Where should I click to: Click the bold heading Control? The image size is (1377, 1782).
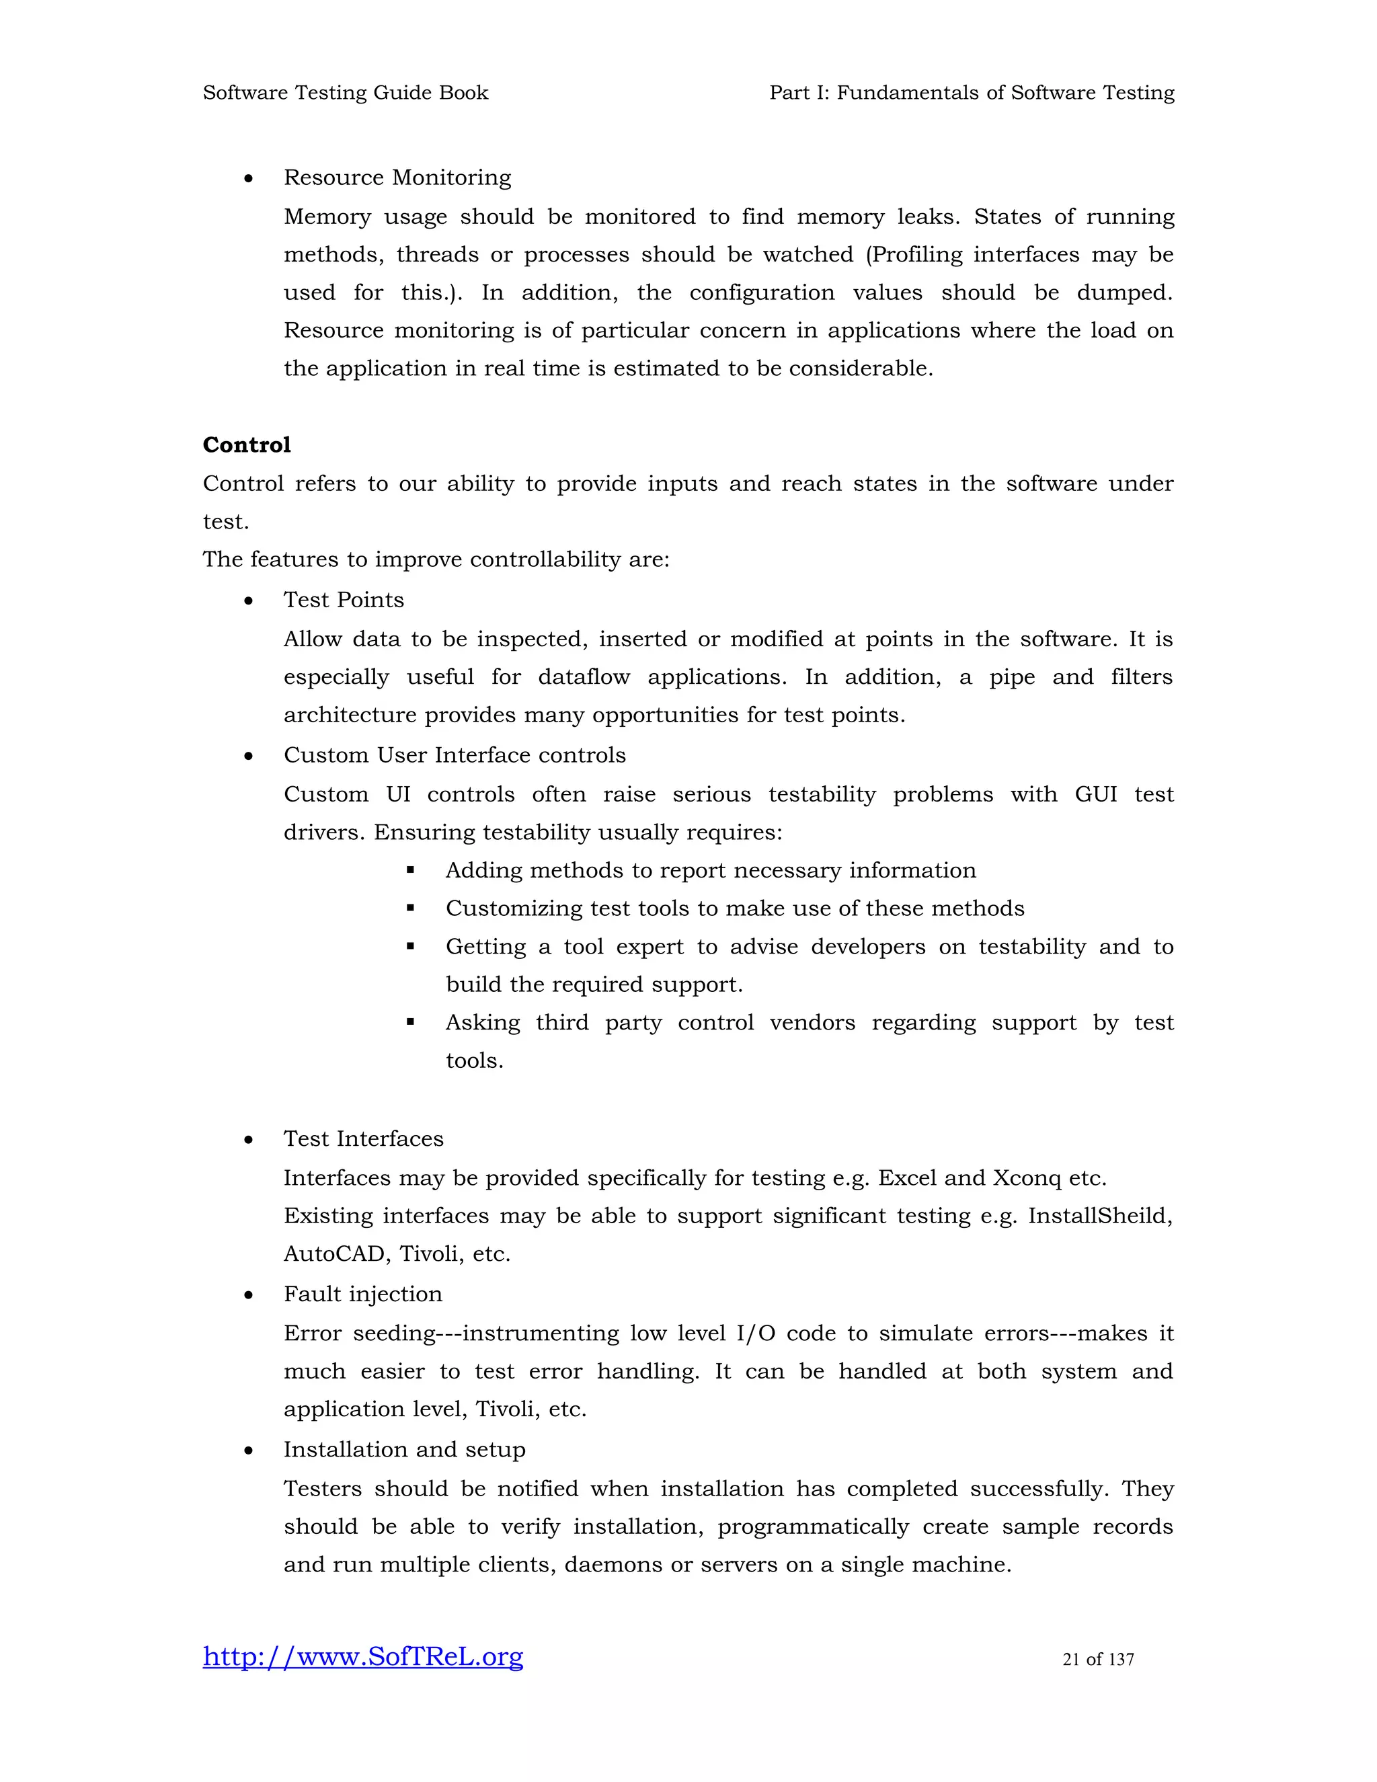point(246,444)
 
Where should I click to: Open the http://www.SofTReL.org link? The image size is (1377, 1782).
point(363,1657)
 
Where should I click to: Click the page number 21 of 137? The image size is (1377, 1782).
point(1098,1660)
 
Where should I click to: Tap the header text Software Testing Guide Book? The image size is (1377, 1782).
point(345,93)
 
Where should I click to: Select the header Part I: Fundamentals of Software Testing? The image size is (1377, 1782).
point(972,93)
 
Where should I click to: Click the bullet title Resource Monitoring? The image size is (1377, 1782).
point(397,178)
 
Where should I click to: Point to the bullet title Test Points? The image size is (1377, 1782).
point(344,601)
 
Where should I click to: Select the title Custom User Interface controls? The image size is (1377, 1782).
point(455,756)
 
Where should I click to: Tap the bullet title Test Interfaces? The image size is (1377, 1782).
point(363,1139)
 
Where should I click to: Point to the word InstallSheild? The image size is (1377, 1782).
point(1099,1216)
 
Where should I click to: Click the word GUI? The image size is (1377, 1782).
point(1095,795)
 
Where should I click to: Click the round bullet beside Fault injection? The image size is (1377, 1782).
point(249,1296)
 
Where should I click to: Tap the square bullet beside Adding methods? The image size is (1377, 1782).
point(410,871)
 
